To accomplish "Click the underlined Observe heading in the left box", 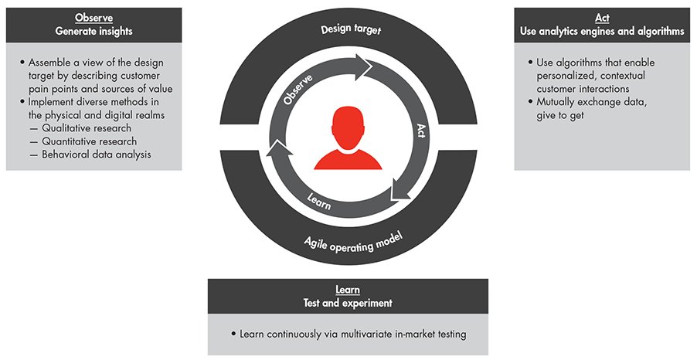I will click(x=93, y=18).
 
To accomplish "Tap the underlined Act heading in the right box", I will click(x=601, y=18).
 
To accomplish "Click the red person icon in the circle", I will click(x=347, y=138).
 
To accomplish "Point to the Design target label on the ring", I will click(x=347, y=30).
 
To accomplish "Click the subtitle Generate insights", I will click(x=93, y=32).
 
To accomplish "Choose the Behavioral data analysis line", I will click(x=89, y=155).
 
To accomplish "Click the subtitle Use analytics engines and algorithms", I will click(x=601, y=32).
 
